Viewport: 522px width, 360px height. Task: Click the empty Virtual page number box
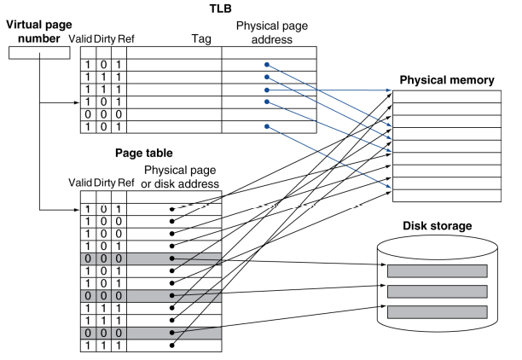tap(38, 53)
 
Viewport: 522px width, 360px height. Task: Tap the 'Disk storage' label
tap(435, 228)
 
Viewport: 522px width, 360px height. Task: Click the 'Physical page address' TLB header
tap(269, 32)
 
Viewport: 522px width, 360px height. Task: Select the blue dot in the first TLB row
tap(267, 65)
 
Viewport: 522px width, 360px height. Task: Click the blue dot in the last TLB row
tap(267, 127)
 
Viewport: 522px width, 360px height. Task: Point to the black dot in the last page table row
tap(173, 345)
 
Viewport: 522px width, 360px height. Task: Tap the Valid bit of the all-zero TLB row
tap(87, 114)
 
